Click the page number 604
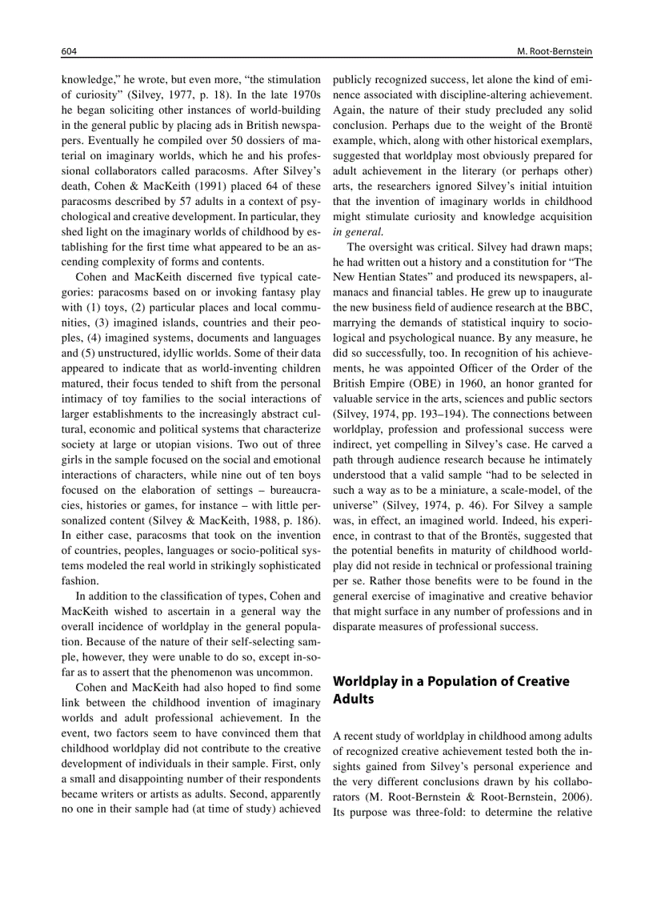click(69, 51)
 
